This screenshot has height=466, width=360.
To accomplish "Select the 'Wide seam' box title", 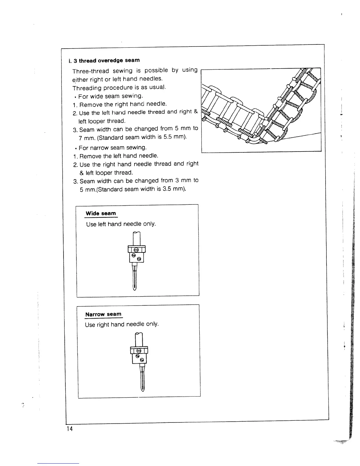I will [101, 213].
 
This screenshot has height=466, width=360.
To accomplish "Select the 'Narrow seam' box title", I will [103, 314].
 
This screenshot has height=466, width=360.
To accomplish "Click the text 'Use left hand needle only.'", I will [121, 224].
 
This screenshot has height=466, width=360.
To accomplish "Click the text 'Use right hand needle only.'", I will [122, 324].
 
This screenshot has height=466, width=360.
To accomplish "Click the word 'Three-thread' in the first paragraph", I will [91, 71].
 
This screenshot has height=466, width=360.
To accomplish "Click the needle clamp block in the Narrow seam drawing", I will [139, 355].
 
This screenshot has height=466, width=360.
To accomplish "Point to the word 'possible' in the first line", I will [156, 70].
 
